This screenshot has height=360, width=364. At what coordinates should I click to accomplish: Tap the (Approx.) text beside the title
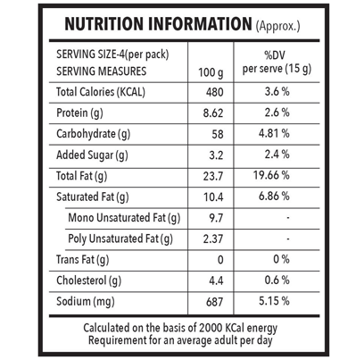(x=277, y=26)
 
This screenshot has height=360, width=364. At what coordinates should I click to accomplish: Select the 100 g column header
(x=211, y=72)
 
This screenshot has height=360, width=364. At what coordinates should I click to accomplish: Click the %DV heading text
(x=275, y=55)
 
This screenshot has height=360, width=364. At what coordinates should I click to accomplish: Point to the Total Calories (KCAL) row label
(x=101, y=92)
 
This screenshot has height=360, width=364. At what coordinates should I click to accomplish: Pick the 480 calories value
(x=214, y=92)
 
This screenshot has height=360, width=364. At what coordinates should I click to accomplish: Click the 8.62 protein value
(x=213, y=113)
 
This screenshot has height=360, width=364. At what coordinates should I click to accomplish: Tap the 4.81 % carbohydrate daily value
(x=274, y=133)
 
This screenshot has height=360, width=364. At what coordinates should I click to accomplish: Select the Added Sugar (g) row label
(x=92, y=155)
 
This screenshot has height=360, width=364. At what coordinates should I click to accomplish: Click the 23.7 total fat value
(x=213, y=176)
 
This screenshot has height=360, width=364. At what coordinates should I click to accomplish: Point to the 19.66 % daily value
(x=271, y=175)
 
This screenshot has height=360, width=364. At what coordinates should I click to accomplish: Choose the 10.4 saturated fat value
(x=213, y=197)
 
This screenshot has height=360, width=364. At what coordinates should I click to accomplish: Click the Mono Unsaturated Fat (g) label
(x=124, y=218)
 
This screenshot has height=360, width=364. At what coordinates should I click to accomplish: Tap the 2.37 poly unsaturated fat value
(x=213, y=239)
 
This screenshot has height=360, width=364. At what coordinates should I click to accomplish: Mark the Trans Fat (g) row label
(x=83, y=260)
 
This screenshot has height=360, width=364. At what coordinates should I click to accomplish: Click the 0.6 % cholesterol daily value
(x=277, y=280)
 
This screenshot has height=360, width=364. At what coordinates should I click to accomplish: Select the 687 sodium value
(x=214, y=302)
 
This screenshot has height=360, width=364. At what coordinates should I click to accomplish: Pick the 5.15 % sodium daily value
(x=274, y=301)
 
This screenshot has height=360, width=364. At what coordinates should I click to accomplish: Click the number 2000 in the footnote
(x=211, y=328)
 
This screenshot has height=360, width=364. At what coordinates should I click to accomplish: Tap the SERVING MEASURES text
(x=102, y=71)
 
